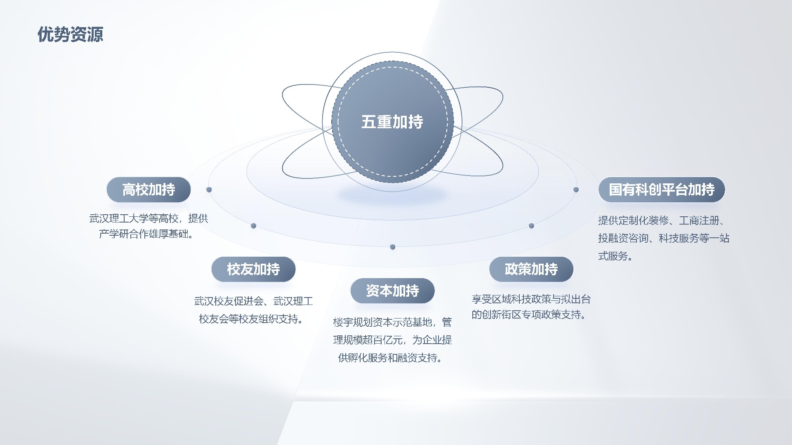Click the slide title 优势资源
pos(70,35)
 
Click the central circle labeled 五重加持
pos(392,122)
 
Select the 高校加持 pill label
pos(148,190)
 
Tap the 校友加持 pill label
pos(253,269)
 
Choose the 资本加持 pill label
pos(392,291)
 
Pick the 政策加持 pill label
pos(531,269)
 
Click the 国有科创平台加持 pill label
pos(662,190)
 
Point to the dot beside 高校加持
pos(209,190)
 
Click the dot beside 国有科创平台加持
pos(576,190)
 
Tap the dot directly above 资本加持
pos(393,247)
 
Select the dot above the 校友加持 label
pos(254,226)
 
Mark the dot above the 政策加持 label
pos(531,226)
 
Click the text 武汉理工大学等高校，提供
pos(148,218)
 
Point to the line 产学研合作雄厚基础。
pos(146,234)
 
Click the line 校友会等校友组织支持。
pos(252,319)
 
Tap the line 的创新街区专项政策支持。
pos(529,315)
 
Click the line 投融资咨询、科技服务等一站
pos(664,238)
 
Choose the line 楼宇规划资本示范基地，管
pos(392,322)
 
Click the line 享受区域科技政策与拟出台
pos(531,299)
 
